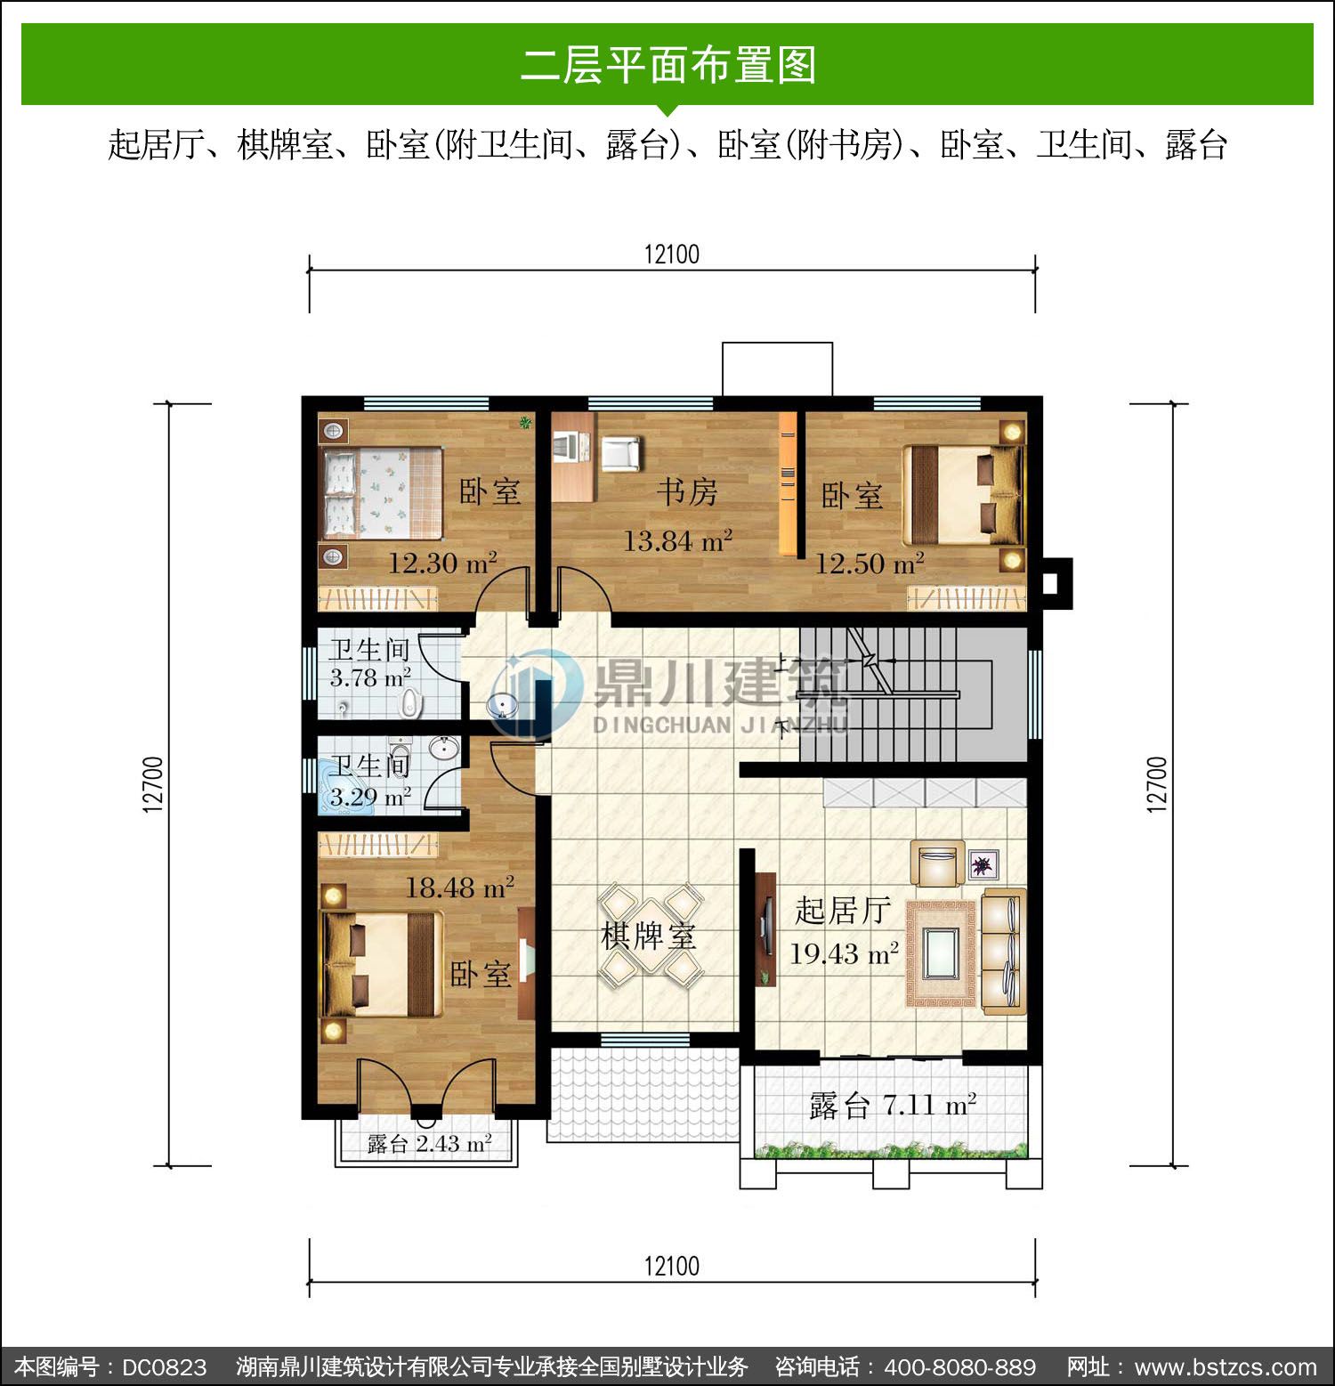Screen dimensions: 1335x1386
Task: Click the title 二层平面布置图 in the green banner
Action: [668, 65]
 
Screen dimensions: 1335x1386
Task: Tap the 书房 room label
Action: [687, 491]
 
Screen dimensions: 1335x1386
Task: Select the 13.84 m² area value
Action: [677, 540]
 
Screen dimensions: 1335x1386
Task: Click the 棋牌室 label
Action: [648, 936]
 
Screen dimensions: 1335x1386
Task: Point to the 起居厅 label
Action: [842, 910]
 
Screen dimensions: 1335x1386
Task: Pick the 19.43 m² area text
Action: [844, 953]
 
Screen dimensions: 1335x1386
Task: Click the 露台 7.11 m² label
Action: [893, 1105]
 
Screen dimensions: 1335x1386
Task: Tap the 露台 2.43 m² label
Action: [429, 1143]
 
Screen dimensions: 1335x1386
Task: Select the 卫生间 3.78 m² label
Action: [370, 663]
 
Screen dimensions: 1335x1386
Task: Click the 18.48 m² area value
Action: [459, 887]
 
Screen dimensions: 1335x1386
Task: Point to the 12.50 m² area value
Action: [870, 563]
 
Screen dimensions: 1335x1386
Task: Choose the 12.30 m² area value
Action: [442, 563]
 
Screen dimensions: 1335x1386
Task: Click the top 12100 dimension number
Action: [672, 255]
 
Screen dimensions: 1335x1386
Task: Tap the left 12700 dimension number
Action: [153, 783]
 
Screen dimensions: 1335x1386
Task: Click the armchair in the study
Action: [620, 453]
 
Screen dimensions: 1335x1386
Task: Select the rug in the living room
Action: [942, 953]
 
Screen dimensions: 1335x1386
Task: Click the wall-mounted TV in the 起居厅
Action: [765, 928]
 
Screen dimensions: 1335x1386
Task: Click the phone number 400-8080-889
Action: [960, 1366]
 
